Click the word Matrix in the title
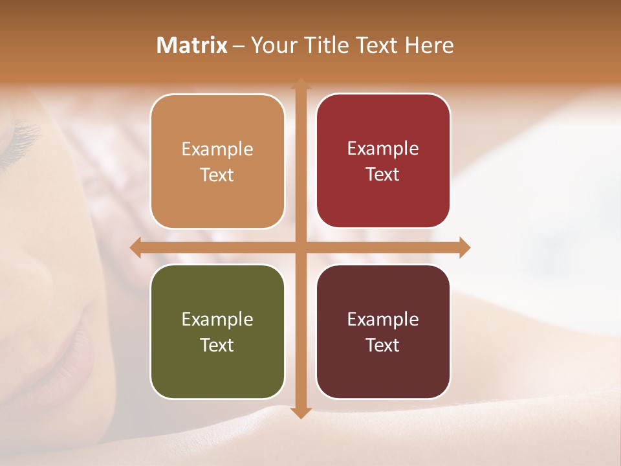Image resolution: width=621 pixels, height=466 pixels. tap(192, 45)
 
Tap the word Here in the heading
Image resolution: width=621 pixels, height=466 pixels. tap(429, 45)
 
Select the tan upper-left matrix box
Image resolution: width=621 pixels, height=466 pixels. tap(217, 161)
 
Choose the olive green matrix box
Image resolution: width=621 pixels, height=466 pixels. tap(217, 331)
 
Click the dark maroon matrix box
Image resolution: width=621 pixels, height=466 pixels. tap(383, 331)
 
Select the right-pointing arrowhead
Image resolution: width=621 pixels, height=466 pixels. tap(464, 247)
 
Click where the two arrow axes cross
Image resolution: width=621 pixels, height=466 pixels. tap(301, 247)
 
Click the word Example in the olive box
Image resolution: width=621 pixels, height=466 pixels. tap(217, 319)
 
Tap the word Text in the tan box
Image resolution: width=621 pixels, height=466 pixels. tap(217, 175)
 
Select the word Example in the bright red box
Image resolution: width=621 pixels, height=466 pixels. tap(383, 148)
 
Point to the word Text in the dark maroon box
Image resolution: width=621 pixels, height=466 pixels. tap(383, 345)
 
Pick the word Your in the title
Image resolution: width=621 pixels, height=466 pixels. tap(270, 45)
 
